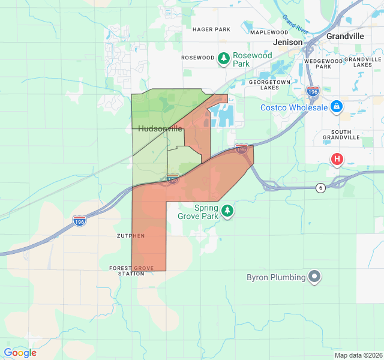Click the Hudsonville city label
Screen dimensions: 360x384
tap(160, 128)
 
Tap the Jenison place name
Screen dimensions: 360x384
tap(287, 42)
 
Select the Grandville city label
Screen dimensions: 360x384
tap(345, 36)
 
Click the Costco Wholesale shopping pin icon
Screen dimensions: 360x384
tap(337, 107)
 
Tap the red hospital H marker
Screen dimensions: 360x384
tap(337, 159)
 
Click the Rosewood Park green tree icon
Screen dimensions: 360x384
tap(224, 58)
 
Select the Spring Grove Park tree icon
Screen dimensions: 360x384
tap(227, 211)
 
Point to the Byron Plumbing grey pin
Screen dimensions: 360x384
tap(314, 277)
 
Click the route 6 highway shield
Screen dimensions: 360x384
tap(320, 188)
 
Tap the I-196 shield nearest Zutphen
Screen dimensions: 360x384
tap(79, 221)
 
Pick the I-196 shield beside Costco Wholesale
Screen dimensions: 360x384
tap(313, 91)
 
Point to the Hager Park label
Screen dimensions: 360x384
tap(211, 29)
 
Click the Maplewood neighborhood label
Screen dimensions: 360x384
tap(269, 32)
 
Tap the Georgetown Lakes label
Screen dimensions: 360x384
tap(270, 84)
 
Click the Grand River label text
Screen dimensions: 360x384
tap(296, 24)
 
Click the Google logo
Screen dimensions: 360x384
tap(20, 353)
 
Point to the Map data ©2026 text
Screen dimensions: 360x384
tap(358, 355)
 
